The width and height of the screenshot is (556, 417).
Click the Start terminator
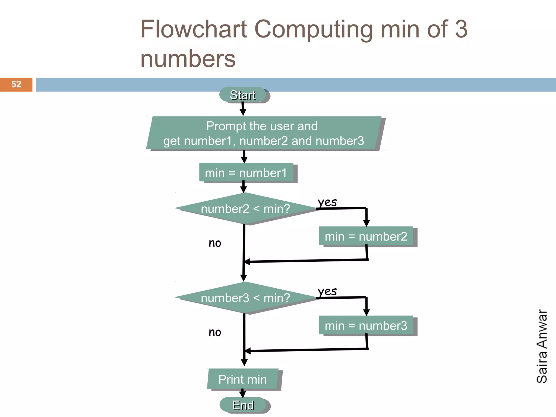[243, 95]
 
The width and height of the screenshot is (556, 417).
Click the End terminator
[243, 405]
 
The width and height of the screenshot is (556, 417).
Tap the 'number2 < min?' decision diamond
[245, 209]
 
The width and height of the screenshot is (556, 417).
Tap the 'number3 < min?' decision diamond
[245, 298]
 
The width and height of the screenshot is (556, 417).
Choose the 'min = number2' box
[366, 236]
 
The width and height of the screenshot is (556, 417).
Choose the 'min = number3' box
[366, 326]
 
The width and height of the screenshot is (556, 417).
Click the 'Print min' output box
[243, 379]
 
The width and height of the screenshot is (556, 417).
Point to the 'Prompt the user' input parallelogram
[263, 133]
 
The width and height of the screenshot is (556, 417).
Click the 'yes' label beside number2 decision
[327, 202]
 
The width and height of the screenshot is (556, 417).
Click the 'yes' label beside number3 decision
[327, 291]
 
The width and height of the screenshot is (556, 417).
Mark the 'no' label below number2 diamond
[215, 243]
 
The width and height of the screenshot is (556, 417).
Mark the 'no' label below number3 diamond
[215, 332]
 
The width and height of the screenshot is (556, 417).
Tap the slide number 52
[16, 84]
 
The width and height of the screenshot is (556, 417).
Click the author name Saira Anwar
[542, 346]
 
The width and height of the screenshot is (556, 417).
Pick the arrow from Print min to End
[242, 393]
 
